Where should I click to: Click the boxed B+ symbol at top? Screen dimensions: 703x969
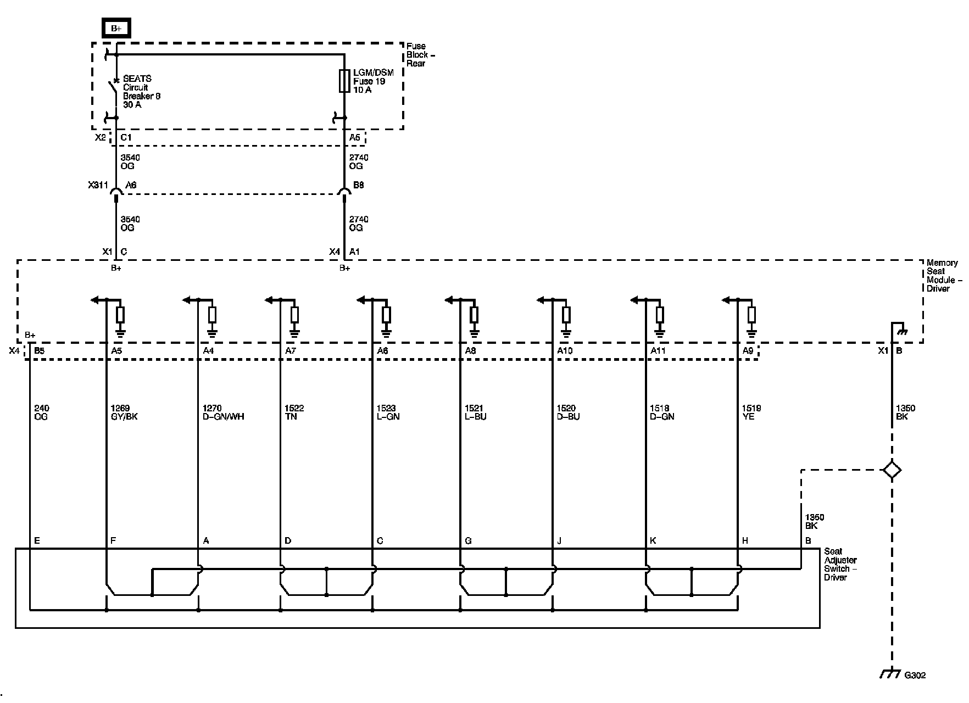[116, 29]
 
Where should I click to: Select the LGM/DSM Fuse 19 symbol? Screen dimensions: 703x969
[344, 81]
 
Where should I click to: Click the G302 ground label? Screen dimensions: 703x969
[915, 675]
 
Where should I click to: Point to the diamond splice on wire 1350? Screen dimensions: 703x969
[892, 470]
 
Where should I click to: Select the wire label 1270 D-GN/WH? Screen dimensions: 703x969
[223, 412]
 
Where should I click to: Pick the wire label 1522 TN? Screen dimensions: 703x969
[294, 412]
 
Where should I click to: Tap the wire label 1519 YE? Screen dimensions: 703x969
[751, 412]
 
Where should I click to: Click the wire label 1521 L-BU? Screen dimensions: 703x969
[475, 412]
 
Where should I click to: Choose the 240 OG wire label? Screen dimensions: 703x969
[41, 412]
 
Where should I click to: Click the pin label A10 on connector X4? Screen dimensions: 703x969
[565, 350]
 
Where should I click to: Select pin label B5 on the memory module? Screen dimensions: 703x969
[39, 350]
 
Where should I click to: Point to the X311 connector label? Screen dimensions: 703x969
[98, 186]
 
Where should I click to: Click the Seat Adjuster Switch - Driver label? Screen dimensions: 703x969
[840, 564]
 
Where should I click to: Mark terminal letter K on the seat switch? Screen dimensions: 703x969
[653, 541]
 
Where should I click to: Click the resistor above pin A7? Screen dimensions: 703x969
[294, 315]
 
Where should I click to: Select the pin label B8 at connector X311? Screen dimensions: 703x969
[358, 186]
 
